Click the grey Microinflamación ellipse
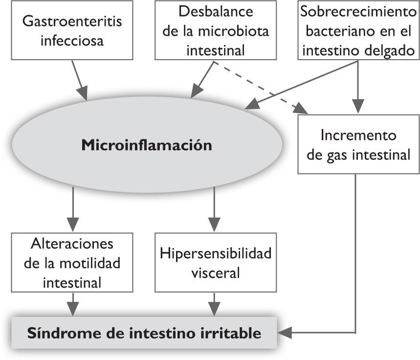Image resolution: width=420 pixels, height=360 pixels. tap(146, 145)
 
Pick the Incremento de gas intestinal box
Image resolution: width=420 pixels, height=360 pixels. tap(359, 145)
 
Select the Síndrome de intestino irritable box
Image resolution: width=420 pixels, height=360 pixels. tap(144, 334)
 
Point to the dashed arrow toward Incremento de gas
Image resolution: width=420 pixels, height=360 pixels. tap(259, 88)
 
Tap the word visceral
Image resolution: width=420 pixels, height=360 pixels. tap(213, 272)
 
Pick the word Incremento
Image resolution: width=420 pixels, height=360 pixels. tap(359, 135)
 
